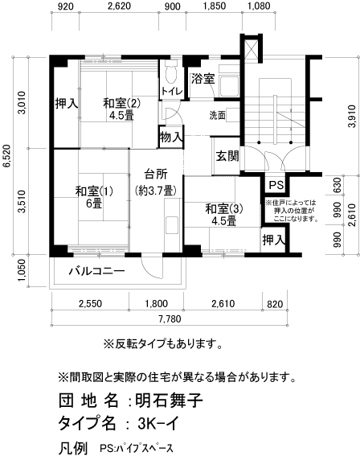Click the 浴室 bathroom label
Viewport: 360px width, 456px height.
[x=202, y=79]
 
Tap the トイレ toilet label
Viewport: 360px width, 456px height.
[x=171, y=92]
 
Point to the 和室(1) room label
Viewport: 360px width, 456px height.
[x=89, y=191]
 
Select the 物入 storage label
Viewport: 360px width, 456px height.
[x=171, y=137]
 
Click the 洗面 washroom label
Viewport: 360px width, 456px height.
[x=217, y=115]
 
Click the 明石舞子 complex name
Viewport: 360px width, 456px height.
[x=168, y=400]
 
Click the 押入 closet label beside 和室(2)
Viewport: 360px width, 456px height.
[x=66, y=103]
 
